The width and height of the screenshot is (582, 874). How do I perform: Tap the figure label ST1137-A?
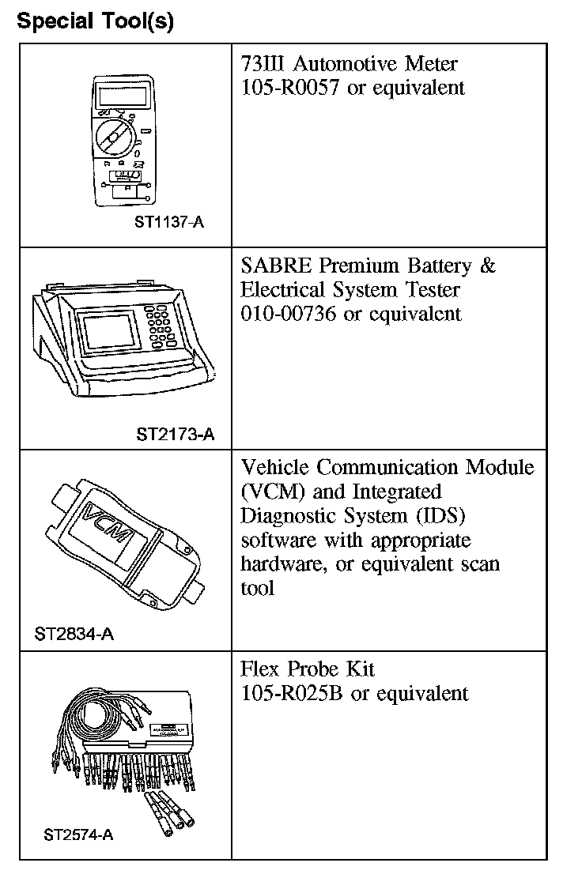(169, 222)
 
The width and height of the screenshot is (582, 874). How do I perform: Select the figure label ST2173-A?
(175, 434)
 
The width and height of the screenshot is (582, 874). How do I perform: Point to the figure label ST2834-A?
(74, 634)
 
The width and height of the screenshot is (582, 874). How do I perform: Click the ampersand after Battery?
(488, 266)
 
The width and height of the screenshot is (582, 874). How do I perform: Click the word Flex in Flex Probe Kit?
(260, 669)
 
